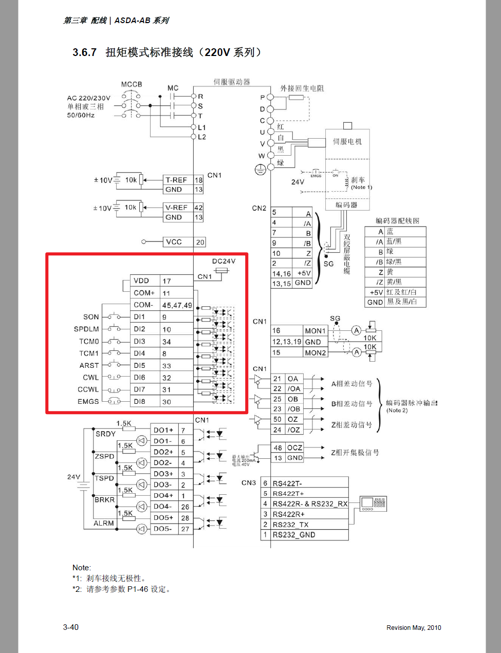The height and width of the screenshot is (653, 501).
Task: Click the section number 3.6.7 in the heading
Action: click(x=84, y=52)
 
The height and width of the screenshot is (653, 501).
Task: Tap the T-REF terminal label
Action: click(x=176, y=180)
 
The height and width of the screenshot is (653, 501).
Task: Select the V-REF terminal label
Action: click(x=176, y=208)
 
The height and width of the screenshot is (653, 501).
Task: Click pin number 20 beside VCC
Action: click(x=200, y=242)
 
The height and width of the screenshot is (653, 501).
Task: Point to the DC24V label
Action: click(x=224, y=261)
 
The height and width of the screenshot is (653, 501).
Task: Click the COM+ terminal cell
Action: click(x=144, y=293)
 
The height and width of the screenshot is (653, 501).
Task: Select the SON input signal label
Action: click(x=91, y=317)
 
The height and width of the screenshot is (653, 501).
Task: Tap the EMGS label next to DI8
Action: click(x=88, y=402)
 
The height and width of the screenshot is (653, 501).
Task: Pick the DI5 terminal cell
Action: click(x=139, y=365)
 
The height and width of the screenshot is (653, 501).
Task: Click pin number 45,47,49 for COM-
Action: click(x=177, y=305)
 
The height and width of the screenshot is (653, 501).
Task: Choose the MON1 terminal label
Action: click(x=315, y=331)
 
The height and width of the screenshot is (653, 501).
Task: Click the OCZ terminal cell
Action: click(x=294, y=447)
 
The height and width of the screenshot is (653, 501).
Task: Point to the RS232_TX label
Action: click(x=291, y=525)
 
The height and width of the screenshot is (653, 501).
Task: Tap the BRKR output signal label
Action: click(x=104, y=499)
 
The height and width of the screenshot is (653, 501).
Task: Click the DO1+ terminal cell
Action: click(x=163, y=430)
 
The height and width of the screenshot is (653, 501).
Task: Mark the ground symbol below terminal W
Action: click(x=261, y=169)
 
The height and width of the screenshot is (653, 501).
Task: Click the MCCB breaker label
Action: click(x=132, y=84)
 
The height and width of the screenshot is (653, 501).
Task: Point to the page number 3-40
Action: click(x=71, y=627)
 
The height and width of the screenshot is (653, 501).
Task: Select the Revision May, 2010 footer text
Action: click(x=414, y=627)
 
